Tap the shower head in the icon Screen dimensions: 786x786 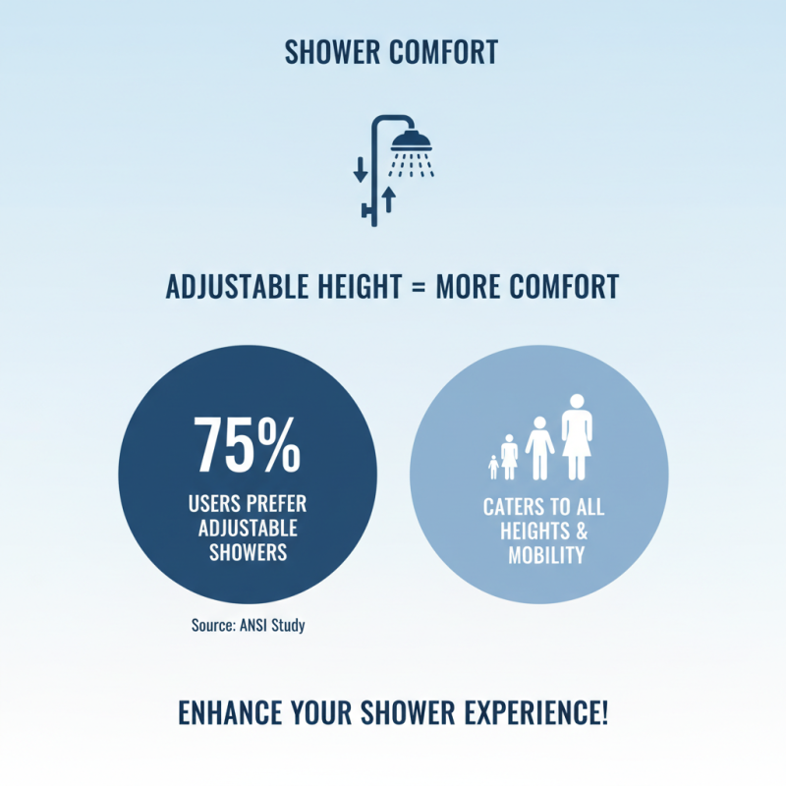point(411,139)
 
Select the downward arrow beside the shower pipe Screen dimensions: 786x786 point(360,168)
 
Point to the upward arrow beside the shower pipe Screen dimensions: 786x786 point(389,198)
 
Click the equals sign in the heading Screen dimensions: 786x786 point(418,287)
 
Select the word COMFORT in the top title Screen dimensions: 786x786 point(443,52)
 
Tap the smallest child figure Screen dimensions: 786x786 point(493,466)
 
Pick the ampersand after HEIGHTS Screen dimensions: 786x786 point(579,532)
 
